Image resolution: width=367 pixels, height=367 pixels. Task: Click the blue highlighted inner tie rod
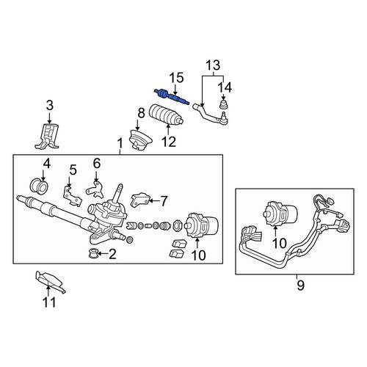172,97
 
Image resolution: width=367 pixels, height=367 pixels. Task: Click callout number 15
177,78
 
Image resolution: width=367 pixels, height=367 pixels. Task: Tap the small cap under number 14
224,104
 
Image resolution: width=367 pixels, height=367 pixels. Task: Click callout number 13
213,65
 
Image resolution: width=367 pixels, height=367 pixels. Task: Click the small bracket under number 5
72,195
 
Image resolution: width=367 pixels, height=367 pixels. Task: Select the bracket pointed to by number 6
95,189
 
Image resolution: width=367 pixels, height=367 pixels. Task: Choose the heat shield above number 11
50,281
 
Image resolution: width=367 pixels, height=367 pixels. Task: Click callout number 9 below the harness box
300,286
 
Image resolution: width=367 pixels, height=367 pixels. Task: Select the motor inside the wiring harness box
281,214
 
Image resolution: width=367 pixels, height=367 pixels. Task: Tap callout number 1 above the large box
120,144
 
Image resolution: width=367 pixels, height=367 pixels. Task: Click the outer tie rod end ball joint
224,119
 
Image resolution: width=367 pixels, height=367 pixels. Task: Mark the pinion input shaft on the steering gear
118,193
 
